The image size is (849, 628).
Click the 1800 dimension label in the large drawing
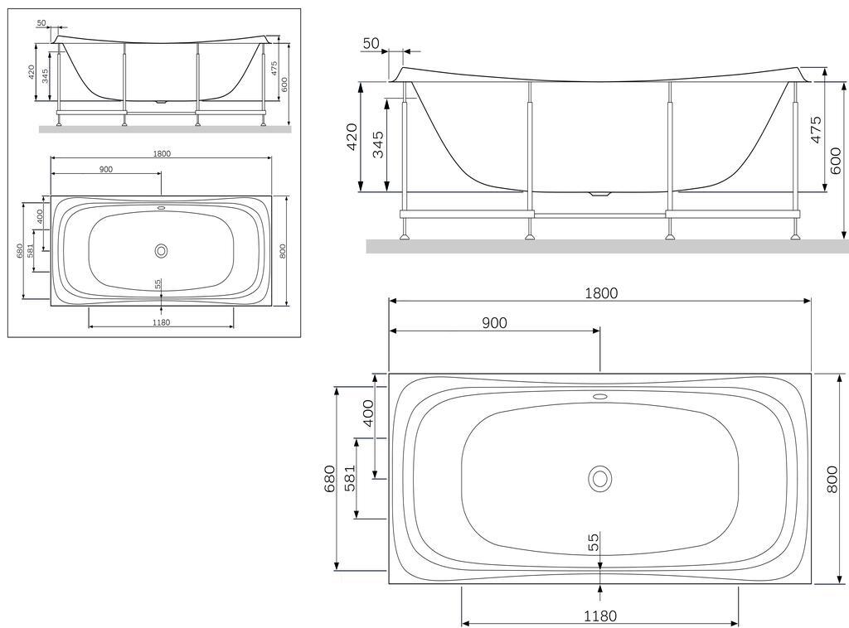(601, 293)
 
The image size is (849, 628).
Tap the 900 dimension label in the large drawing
(494, 323)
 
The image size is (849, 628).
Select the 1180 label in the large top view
(600, 616)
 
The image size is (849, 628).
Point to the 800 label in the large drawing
(834, 479)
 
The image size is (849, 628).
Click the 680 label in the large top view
(330, 478)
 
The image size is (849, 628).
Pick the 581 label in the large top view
(350, 476)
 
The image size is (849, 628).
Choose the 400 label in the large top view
(367, 413)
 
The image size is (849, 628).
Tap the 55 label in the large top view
(594, 542)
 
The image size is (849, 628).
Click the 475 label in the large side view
(817, 129)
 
